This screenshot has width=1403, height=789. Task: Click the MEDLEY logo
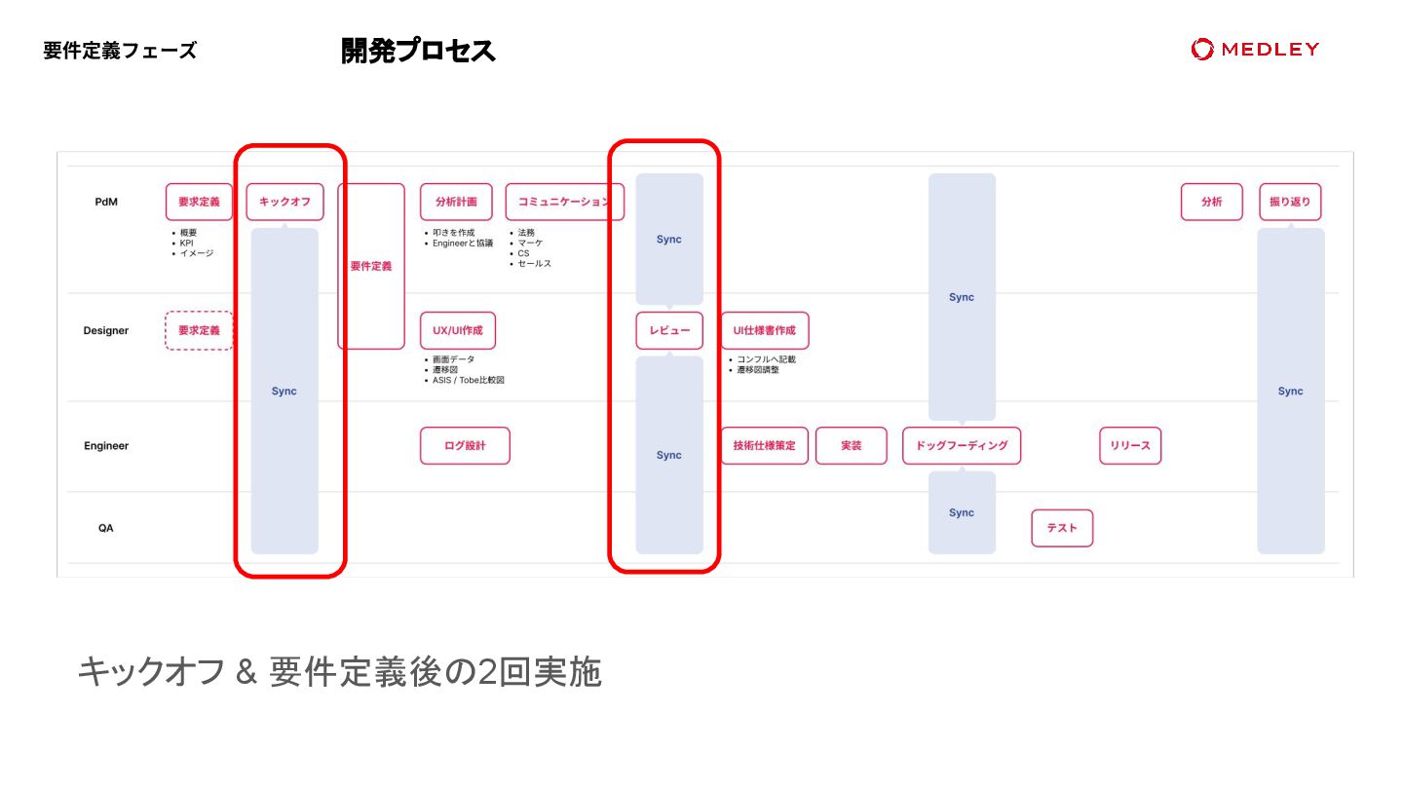(1255, 49)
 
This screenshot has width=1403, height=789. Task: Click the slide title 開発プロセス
(418, 51)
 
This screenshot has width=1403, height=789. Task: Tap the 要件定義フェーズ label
(120, 51)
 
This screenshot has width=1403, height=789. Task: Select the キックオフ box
(284, 202)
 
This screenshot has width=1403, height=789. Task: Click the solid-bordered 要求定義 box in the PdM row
(199, 202)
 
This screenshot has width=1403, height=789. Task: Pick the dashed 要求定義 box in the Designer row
(199, 330)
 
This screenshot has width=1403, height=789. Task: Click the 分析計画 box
(456, 202)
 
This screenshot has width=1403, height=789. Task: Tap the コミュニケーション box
(564, 202)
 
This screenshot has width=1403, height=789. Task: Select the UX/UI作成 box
(457, 330)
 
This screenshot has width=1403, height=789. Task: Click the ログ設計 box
(465, 445)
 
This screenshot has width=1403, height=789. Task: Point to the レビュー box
(669, 330)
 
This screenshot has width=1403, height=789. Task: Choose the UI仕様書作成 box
(765, 330)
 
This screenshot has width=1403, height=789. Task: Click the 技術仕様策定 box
(765, 445)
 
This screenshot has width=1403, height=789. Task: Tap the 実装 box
(852, 445)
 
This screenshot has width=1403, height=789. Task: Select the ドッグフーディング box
(962, 445)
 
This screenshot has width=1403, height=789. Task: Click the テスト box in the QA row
(1062, 528)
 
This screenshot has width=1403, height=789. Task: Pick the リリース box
(1130, 445)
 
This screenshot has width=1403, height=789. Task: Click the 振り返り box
(1290, 202)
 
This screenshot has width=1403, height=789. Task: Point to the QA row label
(106, 528)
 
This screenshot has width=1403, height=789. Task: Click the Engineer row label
(106, 445)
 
